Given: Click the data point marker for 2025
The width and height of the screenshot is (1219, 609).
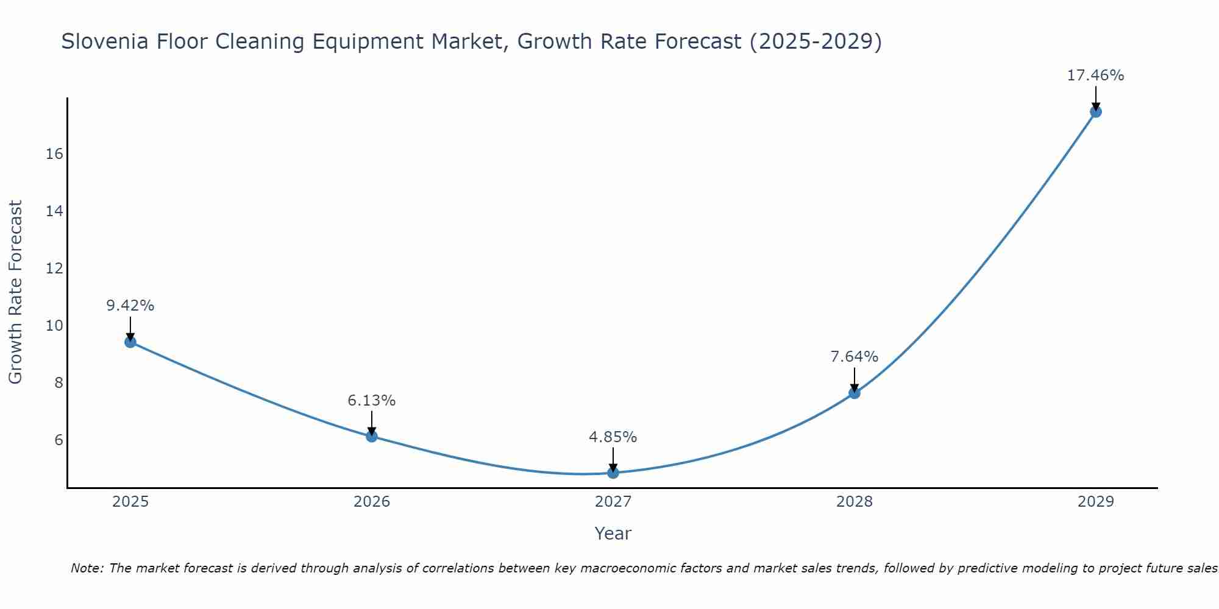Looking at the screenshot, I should (x=130, y=342).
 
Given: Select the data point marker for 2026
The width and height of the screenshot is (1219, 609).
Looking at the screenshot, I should (x=372, y=436).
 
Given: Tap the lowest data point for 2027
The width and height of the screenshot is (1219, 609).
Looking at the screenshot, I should (x=613, y=473).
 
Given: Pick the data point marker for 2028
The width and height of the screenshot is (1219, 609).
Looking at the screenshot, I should (x=855, y=393).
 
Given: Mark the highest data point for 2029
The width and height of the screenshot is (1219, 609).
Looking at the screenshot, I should (x=1096, y=111).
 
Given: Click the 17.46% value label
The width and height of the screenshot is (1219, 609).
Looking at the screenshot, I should (x=1095, y=76).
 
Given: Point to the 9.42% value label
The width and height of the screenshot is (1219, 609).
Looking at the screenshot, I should (x=130, y=306).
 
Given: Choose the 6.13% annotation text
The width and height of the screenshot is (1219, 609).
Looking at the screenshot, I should (x=372, y=401).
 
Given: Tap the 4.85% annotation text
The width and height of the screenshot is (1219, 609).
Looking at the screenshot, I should (x=613, y=437).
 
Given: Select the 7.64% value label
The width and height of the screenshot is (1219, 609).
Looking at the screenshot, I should (x=855, y=357).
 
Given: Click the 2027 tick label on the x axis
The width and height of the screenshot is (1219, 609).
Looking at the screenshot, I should (x=613, y=502).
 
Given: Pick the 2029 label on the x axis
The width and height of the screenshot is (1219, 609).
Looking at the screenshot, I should (x=1096, y=502).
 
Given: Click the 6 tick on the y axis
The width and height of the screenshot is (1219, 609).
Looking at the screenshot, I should (x=59, y=440).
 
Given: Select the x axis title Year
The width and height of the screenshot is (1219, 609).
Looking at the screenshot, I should (x=613, y=533).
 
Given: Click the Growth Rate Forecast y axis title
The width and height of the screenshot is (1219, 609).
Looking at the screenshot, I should (x=16, y=292).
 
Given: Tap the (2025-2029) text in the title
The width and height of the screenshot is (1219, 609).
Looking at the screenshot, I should (x=816, y=41).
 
